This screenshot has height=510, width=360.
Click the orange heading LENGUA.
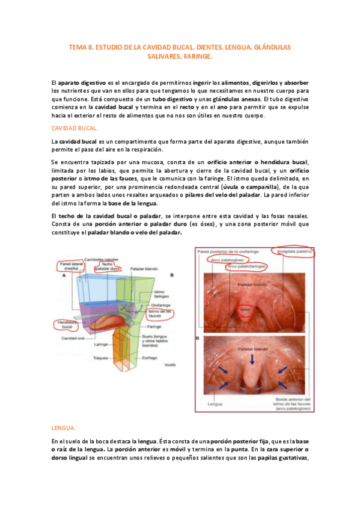click(64, 428)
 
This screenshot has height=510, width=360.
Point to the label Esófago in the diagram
click(150, 357)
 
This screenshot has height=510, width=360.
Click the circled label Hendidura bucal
click(67, 325)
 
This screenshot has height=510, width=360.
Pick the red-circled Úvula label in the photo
click(245, 310)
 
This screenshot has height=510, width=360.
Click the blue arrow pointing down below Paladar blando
click(252, 358)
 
